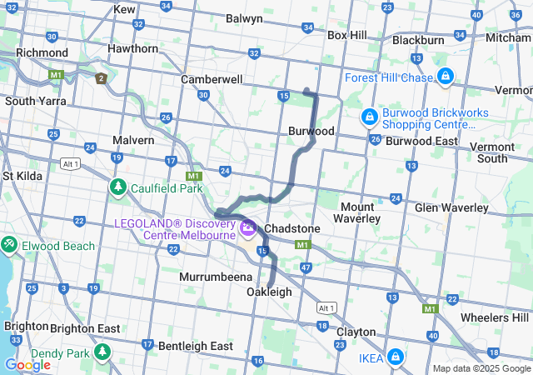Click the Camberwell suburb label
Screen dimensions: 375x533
coord(212,79)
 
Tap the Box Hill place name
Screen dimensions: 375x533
coord(347,35)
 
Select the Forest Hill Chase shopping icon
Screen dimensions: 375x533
coord(446,77)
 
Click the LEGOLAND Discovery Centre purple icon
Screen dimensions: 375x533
coord(247,226)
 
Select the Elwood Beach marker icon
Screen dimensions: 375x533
coord(9,245)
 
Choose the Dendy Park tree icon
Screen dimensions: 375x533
coord(103,352)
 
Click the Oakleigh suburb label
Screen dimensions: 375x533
coord(269,292)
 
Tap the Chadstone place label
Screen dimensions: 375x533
coord(292,228)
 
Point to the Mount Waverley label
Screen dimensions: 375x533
coord(361,212)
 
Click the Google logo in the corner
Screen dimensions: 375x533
coord(27,364)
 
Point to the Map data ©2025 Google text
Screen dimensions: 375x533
coord(481,368)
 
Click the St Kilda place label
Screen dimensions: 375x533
coord(22,176)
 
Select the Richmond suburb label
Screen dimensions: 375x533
coord(42,52)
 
